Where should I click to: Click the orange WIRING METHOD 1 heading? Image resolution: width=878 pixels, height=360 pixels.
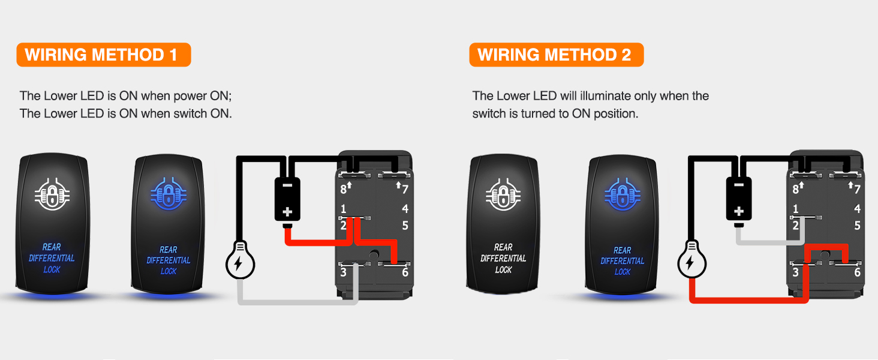103,55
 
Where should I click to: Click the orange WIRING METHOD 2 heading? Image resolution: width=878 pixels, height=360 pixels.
555,55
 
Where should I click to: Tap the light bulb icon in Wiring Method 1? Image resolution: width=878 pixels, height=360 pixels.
240,262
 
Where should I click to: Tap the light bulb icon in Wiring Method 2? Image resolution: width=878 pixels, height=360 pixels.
692,262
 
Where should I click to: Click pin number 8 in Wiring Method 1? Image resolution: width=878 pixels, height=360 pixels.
344,190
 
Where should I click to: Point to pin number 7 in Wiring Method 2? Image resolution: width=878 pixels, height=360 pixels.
856,190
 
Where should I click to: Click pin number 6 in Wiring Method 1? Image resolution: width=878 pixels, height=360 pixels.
405,272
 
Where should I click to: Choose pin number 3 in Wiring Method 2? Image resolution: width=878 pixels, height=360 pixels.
795,272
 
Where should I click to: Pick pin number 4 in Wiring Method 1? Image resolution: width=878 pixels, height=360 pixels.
405,209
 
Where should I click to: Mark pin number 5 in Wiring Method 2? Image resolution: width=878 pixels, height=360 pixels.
857,226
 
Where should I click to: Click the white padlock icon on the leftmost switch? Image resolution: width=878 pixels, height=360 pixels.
52,193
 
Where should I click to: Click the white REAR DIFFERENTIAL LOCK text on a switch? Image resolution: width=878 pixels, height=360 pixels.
503,259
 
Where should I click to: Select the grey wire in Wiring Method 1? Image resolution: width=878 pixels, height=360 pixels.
300,301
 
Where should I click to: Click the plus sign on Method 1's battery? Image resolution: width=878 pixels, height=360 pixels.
287,212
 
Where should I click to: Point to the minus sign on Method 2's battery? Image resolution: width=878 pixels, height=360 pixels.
739,185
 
